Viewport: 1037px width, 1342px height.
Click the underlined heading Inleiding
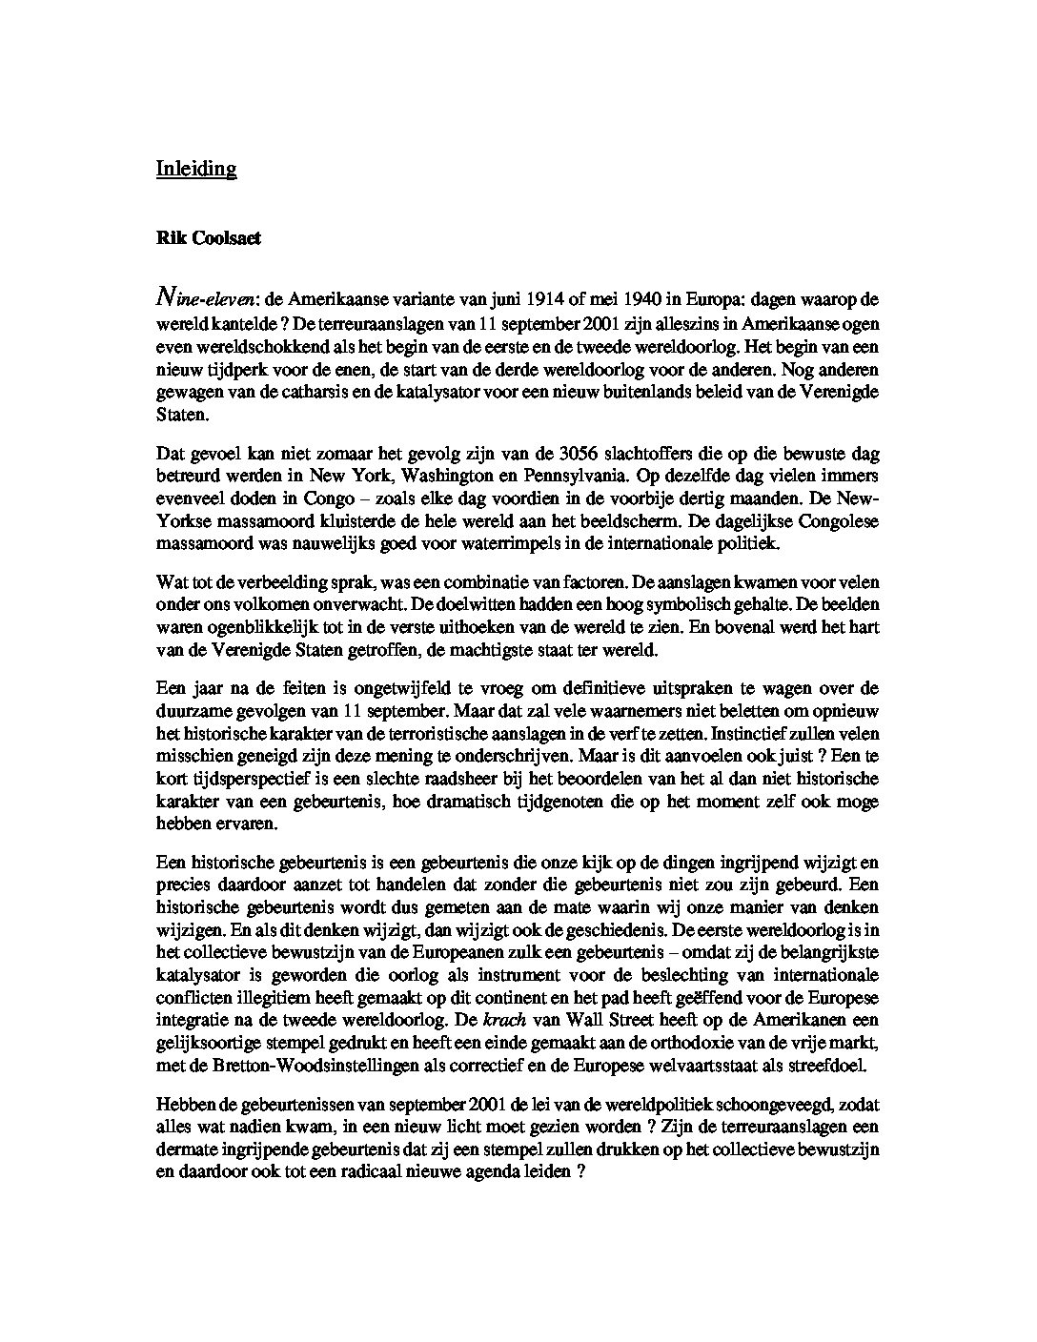pos(195,169)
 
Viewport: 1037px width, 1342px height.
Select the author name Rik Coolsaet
pos(209,239)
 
